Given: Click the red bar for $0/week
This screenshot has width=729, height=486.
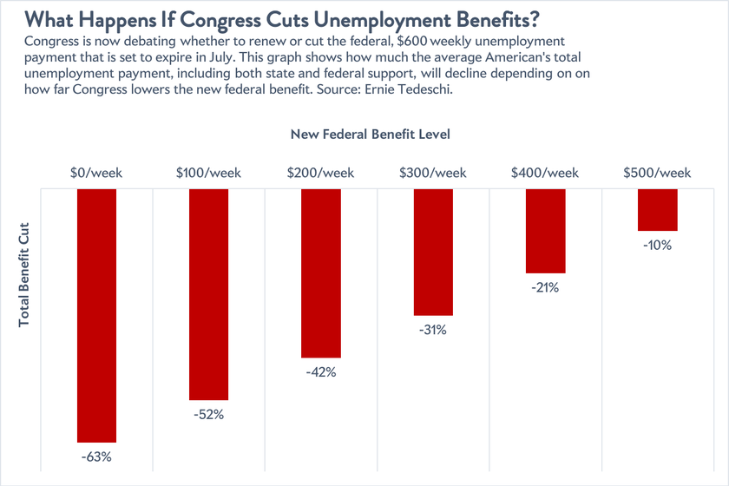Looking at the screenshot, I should tap(96, 316).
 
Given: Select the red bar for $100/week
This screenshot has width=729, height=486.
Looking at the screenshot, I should tap(208, 294).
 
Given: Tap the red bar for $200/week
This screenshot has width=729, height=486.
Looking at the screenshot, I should tap(320, 273).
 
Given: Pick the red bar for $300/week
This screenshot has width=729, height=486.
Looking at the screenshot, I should tap(433, 252).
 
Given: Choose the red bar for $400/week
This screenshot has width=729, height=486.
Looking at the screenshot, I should tap(545, 231).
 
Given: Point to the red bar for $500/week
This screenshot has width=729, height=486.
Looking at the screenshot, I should tap(657, 210).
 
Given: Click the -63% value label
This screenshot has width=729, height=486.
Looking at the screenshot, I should tap(96, 456).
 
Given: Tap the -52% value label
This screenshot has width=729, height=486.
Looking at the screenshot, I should tap(208, 414).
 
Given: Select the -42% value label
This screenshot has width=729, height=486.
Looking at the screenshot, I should tap(320, 371).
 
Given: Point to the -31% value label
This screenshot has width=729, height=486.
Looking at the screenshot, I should tap(433, 329).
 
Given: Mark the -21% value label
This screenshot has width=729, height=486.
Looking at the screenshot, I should tap(545, 287).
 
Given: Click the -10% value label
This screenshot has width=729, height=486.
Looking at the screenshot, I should tap(657, 245).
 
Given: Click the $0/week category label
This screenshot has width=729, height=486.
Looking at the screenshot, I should tap(96, 173).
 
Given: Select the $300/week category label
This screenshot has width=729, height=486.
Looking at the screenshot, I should tap(433, 173).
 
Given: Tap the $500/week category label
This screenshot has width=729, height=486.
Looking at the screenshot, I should tap(657, 173).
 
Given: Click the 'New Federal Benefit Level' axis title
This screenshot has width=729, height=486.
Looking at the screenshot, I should tap(369, 135).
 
